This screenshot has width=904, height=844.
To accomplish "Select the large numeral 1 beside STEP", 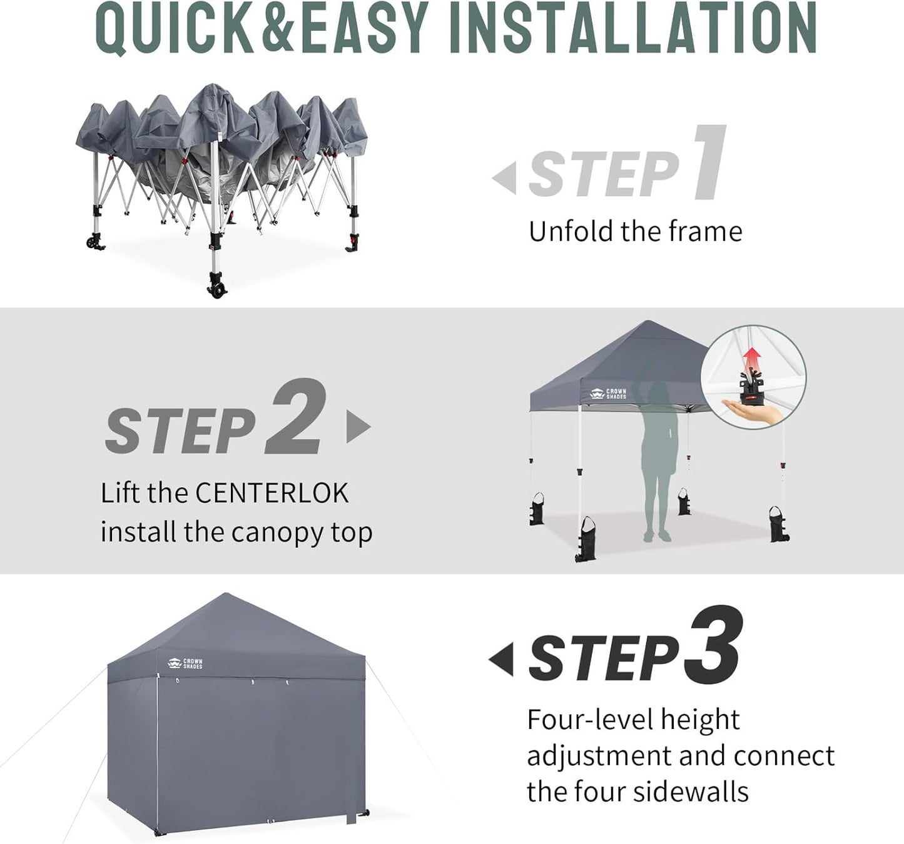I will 710,163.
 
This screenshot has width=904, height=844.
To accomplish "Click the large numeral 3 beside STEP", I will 713,645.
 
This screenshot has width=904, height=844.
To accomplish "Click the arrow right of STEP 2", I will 358,427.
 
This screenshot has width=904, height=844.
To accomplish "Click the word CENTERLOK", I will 272,493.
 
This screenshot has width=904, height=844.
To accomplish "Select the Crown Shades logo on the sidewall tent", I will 185,663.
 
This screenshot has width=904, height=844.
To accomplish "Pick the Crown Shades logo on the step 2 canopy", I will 608,394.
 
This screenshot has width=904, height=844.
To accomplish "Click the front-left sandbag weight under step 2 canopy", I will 586,541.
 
